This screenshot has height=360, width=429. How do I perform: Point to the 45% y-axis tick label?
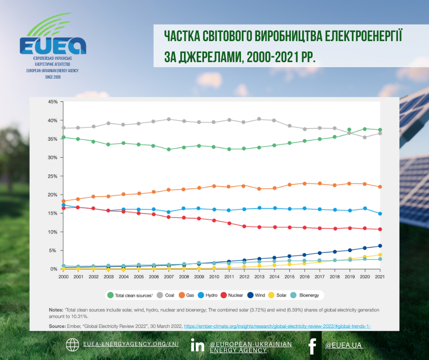52,102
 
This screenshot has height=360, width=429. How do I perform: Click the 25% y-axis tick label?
52,176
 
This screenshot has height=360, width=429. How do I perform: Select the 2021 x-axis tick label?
379,277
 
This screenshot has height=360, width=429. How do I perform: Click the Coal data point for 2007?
169,119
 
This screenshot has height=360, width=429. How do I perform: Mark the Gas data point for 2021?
380,187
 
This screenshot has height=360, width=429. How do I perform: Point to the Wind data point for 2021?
380,246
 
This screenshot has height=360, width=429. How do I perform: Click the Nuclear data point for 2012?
244,226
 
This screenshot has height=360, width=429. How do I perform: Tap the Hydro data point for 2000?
64,205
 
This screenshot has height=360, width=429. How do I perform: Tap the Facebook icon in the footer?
312,346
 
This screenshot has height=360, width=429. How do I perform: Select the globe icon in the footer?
73,345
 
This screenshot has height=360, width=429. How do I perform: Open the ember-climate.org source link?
280,326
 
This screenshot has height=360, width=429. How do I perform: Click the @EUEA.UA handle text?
344,345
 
